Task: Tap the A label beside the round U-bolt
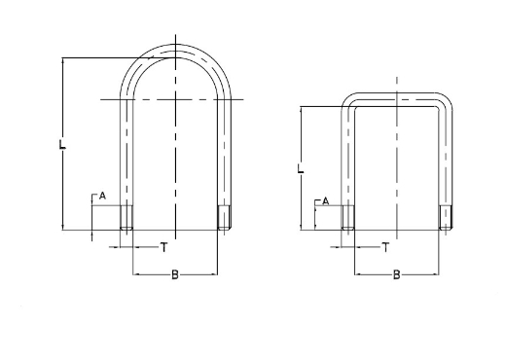(x=101, y=197)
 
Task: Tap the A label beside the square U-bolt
(x=326, y=200)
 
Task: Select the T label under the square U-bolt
(x=386, y=249)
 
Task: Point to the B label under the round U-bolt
(x=174, y=276)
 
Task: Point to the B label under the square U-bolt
(x=396, y=276)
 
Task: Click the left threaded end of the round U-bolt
(x=126, y=218)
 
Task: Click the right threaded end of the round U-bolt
(x=223, y=218)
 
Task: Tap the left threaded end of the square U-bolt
(x=348, y=220)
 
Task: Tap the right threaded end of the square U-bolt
(x=447, y=220)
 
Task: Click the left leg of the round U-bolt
(x=126, y=156)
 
